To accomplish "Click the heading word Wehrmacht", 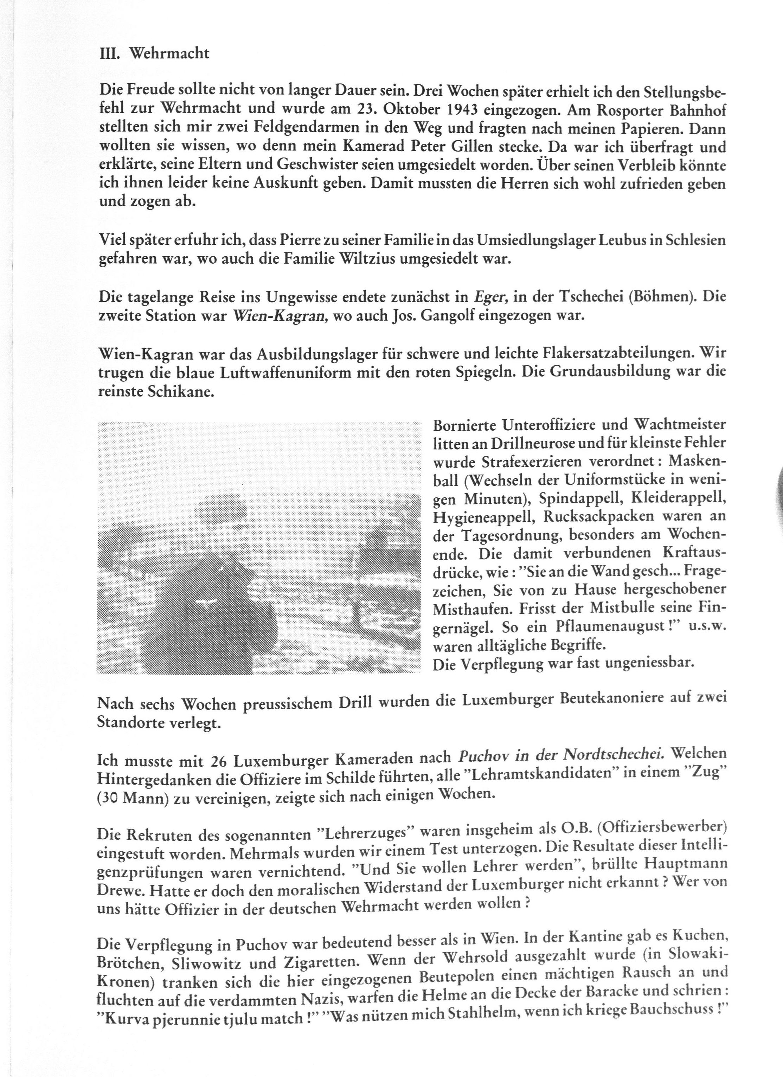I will tap(169, 53).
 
